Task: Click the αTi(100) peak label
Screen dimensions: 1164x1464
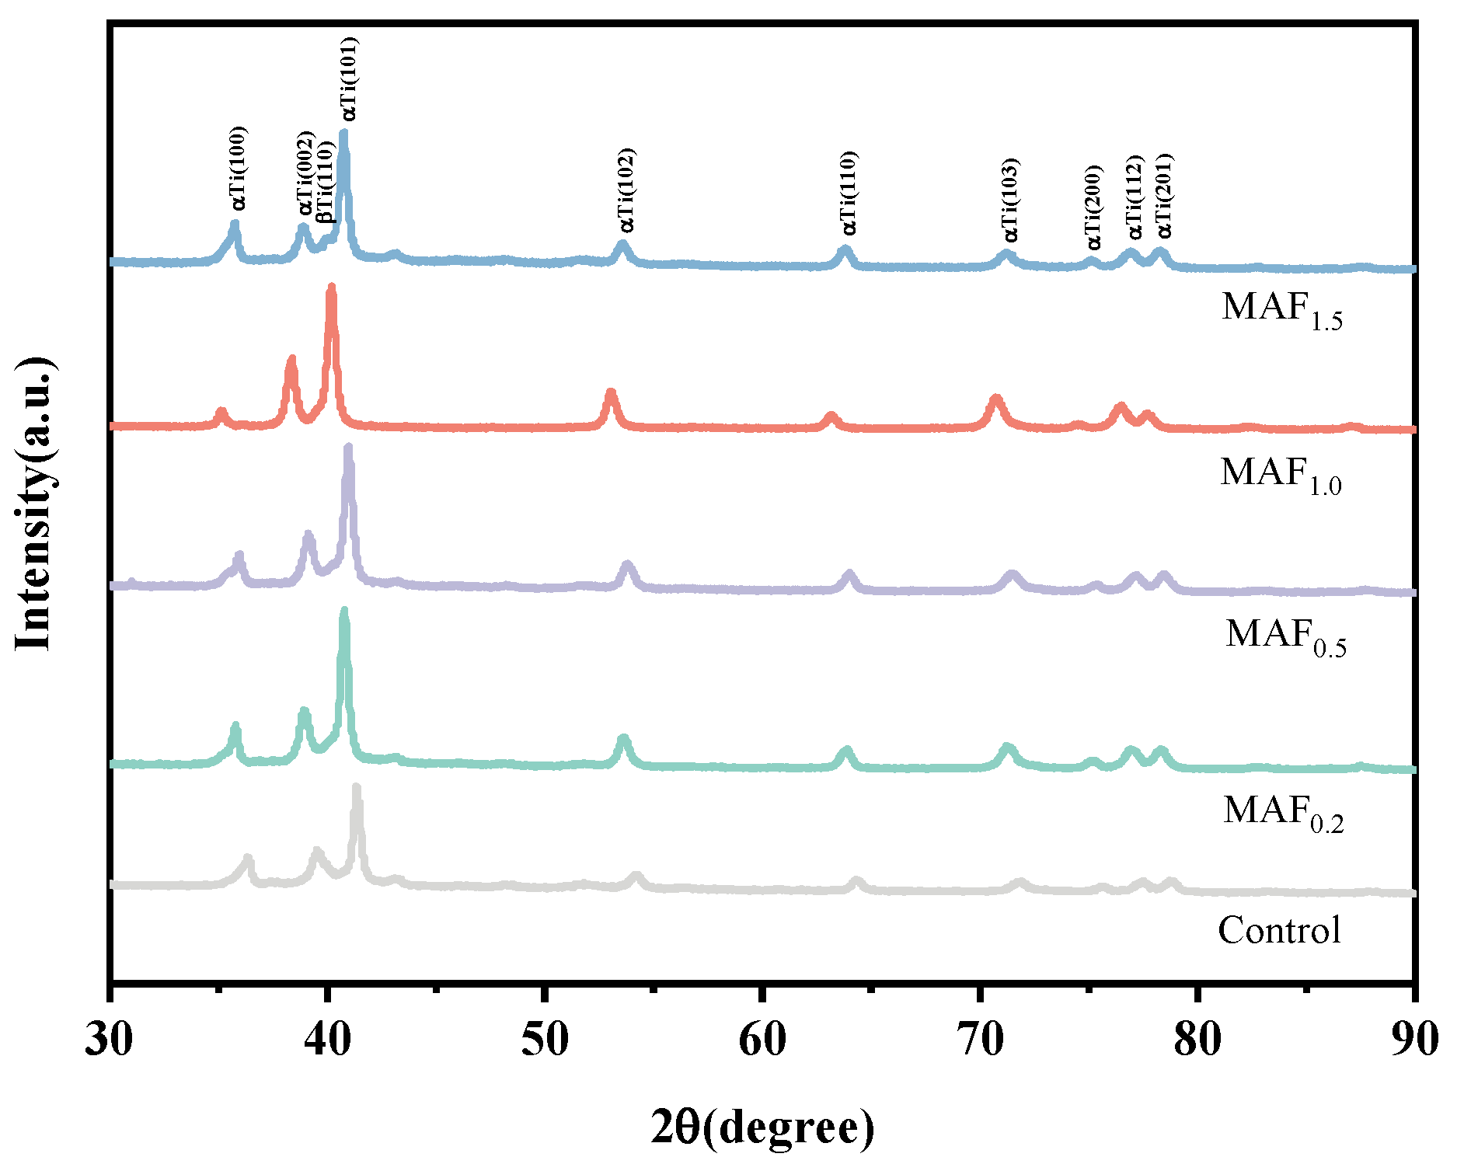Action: pos(239,168)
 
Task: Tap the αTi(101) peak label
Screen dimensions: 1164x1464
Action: pos(349,79)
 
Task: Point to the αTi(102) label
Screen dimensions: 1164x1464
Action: pos(626,190)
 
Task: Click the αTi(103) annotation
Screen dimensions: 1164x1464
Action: pos(1009,200)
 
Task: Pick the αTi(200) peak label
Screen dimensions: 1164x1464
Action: pos(1093,207)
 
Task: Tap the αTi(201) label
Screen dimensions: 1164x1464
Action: pos(1163,196)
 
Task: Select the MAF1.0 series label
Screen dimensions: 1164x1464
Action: pos(1280,474)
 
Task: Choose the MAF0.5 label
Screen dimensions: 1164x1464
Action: pos(1285,636)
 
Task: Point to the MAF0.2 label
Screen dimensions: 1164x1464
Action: pos(1283,813)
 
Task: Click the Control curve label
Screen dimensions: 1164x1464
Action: pos(1279,930)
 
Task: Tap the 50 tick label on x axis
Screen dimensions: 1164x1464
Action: pos(545,1040)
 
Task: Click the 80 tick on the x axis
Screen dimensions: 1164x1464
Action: pos(1197,1040)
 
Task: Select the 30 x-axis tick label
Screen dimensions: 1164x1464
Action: pos(109,1040)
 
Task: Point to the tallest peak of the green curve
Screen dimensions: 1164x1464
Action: pos(344,612)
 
